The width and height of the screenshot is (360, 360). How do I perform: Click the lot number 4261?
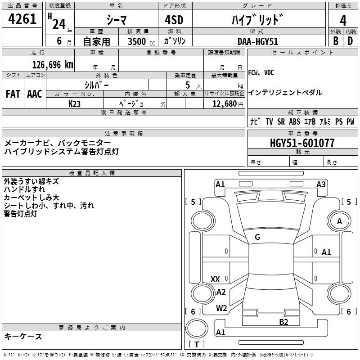[22, 21]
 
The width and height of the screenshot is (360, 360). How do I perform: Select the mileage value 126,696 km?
[52, 64]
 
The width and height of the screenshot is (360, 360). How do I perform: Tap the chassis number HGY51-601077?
[302, 143]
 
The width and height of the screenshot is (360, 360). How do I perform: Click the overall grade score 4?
[343, 21]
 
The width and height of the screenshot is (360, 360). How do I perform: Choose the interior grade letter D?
[350, 41]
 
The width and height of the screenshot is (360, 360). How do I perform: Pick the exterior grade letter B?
[336, 41]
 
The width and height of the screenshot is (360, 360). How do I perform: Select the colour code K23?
[74, 103]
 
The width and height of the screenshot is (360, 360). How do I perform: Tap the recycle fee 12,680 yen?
[224, 103]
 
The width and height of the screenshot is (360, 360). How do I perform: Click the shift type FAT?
[13, 94]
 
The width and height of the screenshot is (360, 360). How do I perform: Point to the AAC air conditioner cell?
[35, 94]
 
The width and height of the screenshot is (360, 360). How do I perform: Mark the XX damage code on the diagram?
[215, 279]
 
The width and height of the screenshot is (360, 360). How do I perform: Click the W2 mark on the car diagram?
[221, 308]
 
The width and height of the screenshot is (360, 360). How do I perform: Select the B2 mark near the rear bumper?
[283, 321]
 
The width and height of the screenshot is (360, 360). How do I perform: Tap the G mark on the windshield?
[257, 237]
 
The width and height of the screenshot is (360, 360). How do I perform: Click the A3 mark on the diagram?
[321, 184]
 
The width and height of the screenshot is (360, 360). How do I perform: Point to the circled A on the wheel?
[340, 221]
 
